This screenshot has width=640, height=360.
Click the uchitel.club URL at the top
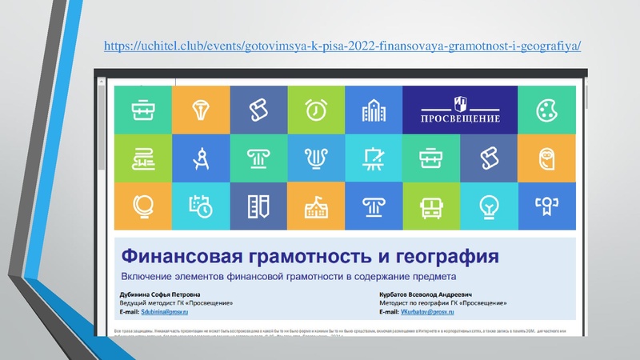(342, 48)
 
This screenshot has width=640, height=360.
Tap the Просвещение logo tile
(460, 109)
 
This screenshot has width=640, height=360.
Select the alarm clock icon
(316, 109)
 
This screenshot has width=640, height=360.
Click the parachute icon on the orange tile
(201, 109)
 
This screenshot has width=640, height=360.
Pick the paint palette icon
(546, 109)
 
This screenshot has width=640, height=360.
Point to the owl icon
(546, 158)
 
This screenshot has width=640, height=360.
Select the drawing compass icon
(201, 158)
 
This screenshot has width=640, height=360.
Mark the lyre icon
(316, 158)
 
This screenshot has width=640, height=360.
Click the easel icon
(374, 158)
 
